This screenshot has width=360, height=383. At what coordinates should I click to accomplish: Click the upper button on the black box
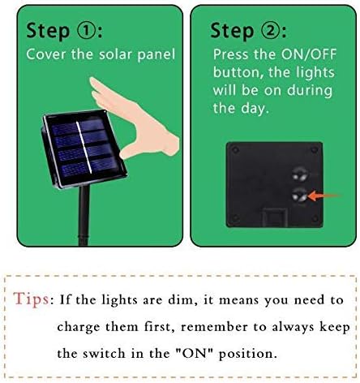[x=298, y=171]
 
